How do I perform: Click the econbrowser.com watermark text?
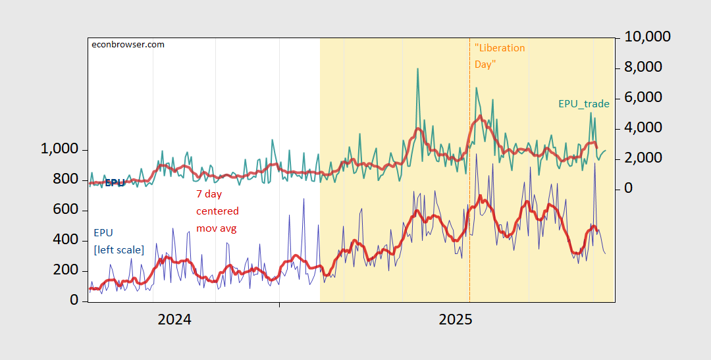[x=128, y=45]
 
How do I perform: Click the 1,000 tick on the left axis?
[x=60, y=150]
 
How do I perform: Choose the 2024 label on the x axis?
[x=174, y=320]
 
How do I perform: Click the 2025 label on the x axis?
[x=456, y=320]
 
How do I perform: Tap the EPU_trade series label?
[x=584, y=104]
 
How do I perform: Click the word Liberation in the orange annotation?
[x=501, y=48]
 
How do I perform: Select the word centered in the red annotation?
[x=217, y=211]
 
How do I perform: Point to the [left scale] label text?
[x=118, y=249]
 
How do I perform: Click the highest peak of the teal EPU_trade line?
[x=417, y=68]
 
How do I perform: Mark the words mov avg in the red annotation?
[x=216, y=228]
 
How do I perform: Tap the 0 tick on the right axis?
[x=628, y=188]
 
